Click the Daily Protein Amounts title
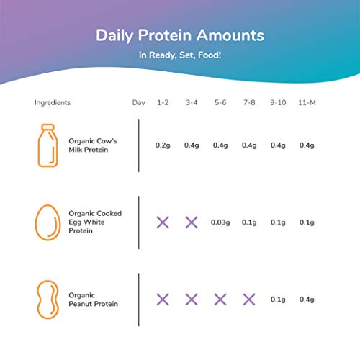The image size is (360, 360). coord(180,35)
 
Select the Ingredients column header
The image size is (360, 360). coord(53,102)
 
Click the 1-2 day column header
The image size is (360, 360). coord(163,102)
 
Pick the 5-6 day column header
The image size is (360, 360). coord(220,102)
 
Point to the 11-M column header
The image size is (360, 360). coord(307,102)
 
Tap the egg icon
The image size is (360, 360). coord(46,222)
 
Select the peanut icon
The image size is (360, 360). coord(47,299)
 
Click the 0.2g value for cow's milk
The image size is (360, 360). coord(163,145)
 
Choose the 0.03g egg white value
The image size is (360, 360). coord(220,222)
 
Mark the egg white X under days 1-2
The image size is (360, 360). coord(163,222)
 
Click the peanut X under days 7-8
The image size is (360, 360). coord(248,299)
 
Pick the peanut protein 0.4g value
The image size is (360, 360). coord(307,299)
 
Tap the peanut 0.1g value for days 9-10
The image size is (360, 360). coord(278,299)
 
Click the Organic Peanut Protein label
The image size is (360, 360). coord(93,299)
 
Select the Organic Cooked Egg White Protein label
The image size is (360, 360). coord(94,222)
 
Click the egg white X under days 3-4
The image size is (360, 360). coord(192,222)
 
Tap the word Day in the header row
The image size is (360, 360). coord(138,102)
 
